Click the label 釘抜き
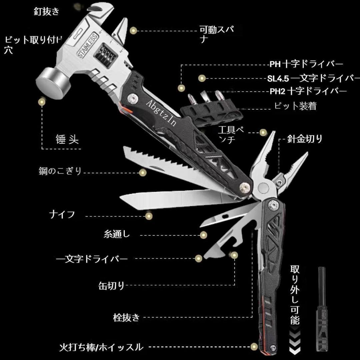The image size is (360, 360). tap(46, 11)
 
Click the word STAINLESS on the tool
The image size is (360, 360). tap(87, 45)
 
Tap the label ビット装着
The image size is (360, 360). tap(295, 106)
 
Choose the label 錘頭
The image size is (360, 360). tap(67, 139)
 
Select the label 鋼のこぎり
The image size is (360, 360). tap(60, 172)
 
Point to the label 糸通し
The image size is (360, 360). tap(117, 234)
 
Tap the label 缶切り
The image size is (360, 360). tap(111, 285)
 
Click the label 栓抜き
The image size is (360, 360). tap(127, 317)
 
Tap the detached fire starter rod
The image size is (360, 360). tap(321, 310)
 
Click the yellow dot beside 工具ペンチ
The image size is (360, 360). tap(263, 132)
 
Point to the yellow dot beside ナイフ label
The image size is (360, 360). tap(149, 216)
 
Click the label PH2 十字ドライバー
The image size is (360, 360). tap(308, 91)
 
